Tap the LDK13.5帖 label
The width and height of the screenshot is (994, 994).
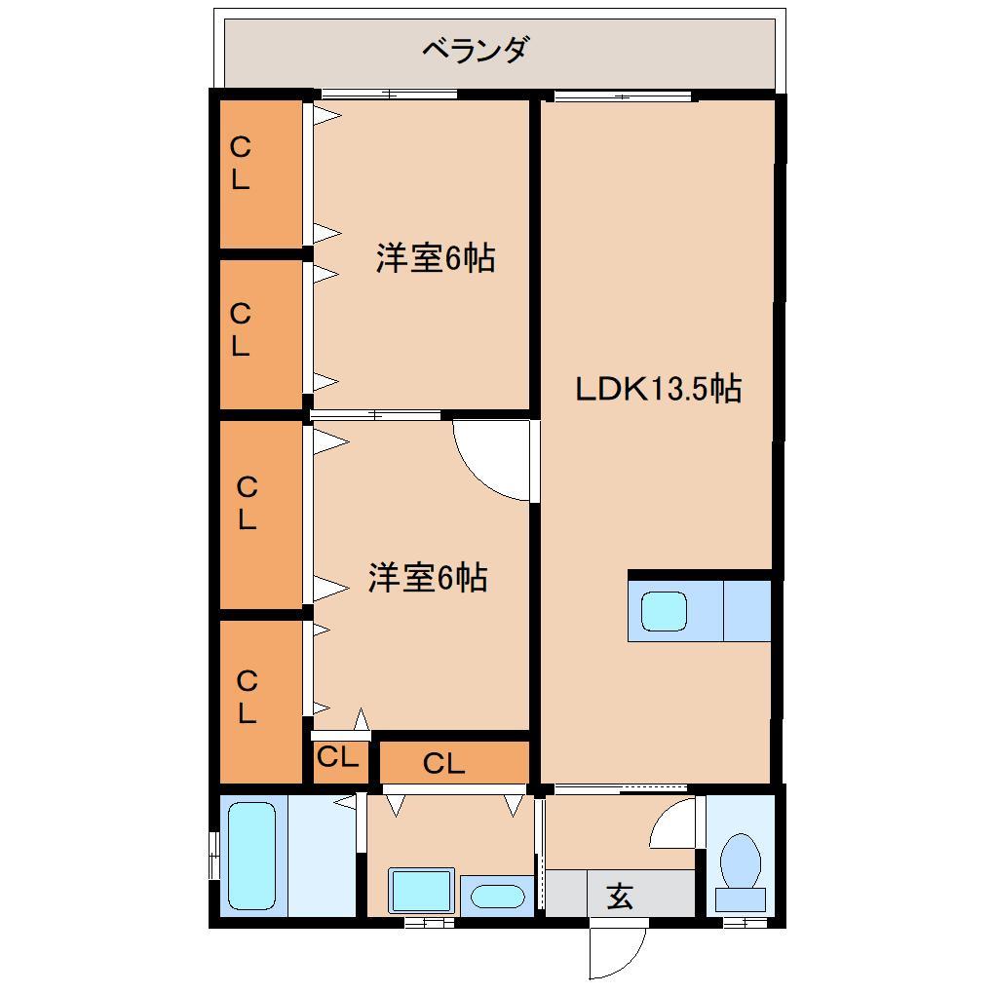658,389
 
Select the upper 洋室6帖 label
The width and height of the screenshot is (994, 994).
436,259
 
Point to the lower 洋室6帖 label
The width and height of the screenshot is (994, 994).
427,579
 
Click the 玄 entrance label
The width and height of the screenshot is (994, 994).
621,895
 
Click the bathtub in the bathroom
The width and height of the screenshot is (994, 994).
252,855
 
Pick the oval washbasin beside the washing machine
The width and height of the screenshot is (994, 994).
496,896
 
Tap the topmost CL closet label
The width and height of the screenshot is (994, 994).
240,164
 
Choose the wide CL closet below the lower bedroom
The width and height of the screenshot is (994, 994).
443,764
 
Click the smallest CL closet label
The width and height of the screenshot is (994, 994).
338,757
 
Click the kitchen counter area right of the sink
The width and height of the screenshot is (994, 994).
746,611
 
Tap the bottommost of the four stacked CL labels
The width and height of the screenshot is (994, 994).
247,698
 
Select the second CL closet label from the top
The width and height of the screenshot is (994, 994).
240,330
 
